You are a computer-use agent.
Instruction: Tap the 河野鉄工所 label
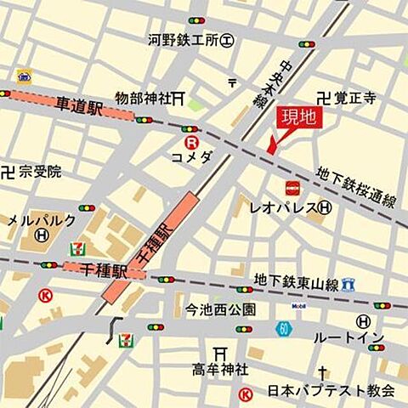[184, 39]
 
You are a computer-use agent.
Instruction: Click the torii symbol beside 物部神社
[178, 99]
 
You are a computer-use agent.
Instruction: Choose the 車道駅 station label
[79, 107]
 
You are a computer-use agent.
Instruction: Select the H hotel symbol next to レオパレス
[325, 207]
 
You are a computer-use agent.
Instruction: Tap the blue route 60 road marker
[281, 328]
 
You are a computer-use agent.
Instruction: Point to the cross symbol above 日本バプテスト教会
[322, 372]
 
